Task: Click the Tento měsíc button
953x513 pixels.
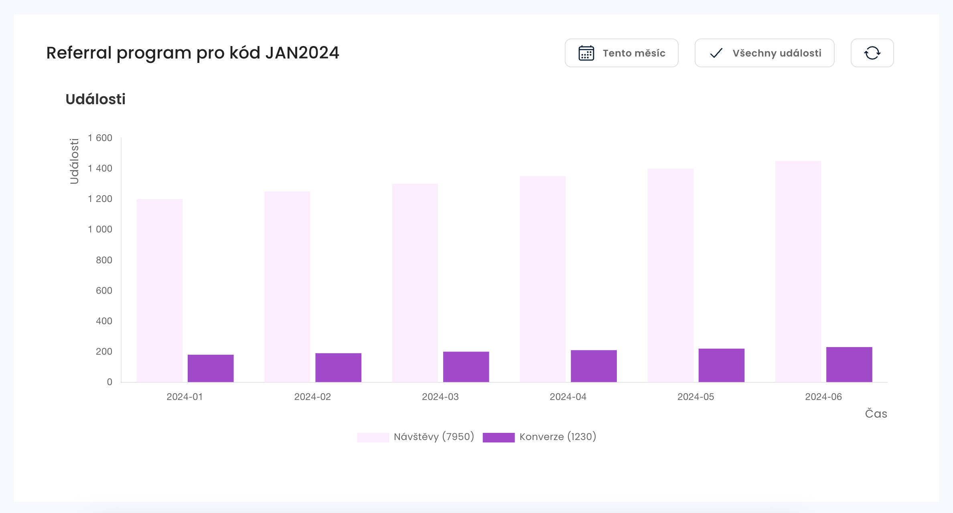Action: coord(621,53)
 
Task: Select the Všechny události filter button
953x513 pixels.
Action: coord(764,53)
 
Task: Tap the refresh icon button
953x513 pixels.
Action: coord(872,53)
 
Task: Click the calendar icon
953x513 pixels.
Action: coord(586,53)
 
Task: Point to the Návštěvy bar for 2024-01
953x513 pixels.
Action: coord(159,291)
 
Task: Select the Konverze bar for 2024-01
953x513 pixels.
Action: coord(211,368)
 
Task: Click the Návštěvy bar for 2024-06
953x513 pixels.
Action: coord(798,272)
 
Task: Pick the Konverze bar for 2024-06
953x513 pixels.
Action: coord(849,364)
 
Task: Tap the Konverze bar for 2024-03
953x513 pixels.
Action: coord(466,367)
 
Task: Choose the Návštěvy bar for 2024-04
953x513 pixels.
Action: coord(543,279)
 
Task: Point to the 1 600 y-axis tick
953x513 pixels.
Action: coord(100,138)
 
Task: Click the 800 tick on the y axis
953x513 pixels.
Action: coord(104,260)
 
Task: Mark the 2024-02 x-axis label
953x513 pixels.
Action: coord(312,397)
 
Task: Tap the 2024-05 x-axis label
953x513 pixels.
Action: coord(695,397)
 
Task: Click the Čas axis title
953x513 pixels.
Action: coord(876,414)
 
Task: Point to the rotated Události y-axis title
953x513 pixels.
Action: coord(74,161)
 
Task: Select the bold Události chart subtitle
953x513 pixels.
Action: coord(95,99)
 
